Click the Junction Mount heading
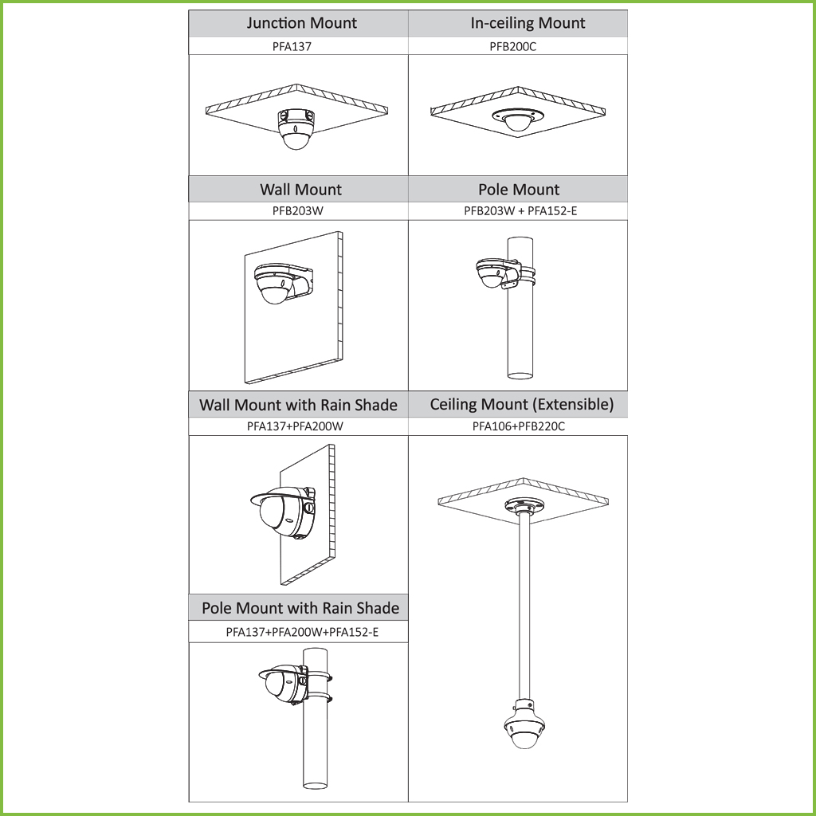301,23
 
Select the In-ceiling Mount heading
528,23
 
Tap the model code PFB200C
512,46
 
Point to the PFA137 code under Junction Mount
292,46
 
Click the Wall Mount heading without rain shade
300,190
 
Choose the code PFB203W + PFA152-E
520,210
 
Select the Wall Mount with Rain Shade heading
298,405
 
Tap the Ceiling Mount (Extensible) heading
521,404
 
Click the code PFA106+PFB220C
518,426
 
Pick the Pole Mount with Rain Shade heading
300,608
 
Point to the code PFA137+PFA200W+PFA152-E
302,632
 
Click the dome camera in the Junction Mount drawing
296,129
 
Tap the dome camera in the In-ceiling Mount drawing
516,120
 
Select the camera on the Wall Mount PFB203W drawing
275,283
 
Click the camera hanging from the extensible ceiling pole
524,724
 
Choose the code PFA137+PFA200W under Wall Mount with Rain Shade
295,426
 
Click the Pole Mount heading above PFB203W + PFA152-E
519,190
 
